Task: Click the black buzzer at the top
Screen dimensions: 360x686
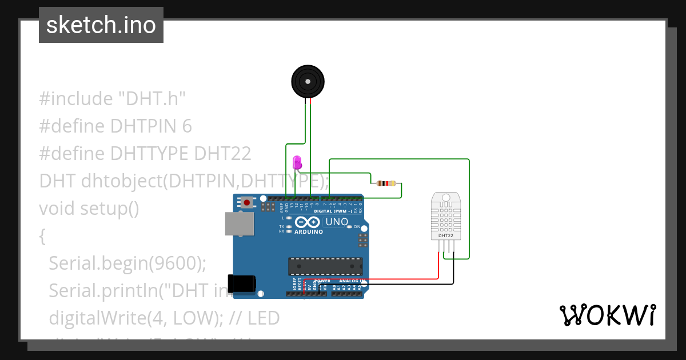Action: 308,82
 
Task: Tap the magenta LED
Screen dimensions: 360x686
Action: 296,163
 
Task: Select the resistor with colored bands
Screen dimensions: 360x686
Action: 386,183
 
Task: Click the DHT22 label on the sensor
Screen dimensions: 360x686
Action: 446,235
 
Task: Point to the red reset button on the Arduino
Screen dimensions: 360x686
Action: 247,202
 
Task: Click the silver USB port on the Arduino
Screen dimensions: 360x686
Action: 239,224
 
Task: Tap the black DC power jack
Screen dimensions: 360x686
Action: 241,284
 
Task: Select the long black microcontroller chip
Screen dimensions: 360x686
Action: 325,266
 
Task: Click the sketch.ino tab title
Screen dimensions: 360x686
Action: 101,25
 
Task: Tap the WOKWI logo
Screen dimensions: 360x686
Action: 607,315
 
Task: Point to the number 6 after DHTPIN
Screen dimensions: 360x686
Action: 187,126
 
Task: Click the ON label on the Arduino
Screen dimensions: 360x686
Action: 357,227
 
